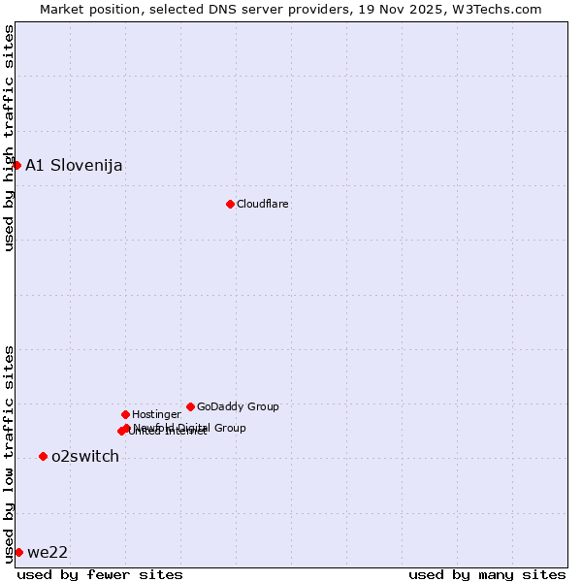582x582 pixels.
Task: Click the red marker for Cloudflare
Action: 230,204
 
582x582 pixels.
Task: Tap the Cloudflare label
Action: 263,204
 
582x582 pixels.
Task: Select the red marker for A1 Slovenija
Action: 16,165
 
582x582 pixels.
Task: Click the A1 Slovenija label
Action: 74,165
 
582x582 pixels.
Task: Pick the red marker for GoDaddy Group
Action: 190,406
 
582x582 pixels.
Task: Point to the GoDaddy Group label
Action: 238,406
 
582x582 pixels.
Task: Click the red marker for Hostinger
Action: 125,414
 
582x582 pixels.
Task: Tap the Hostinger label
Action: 156,414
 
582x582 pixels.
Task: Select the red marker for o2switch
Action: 43,456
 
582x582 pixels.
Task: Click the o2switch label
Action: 85,456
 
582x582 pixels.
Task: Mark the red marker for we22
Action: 18,552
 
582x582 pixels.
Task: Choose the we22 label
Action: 48,552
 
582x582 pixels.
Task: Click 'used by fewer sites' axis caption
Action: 100,574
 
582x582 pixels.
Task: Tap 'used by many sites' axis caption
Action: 487,574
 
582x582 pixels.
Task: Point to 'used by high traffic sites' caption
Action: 9,138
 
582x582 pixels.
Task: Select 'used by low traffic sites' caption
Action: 9,453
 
